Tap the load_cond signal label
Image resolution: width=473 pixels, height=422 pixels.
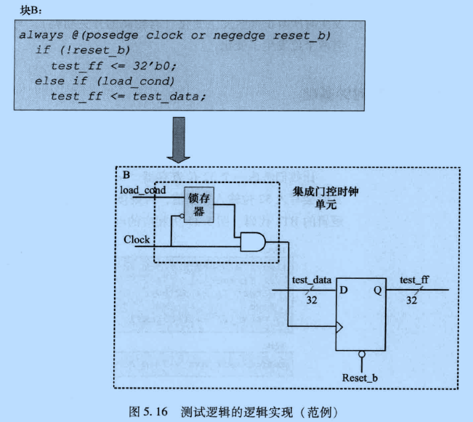pos(143,190)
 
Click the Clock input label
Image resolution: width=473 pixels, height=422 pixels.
pos(137,239)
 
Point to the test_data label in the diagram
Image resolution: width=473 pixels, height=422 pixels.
pos(312,280)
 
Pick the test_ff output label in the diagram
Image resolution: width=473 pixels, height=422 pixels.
pos(414,280)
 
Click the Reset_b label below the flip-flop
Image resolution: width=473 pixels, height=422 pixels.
pos(360,378)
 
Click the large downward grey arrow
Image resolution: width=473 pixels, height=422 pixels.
pos(178,137)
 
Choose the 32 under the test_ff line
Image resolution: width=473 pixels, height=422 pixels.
pos(411,300)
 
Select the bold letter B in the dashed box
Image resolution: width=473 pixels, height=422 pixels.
pos(126,175)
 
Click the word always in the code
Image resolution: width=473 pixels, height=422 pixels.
pos(42,35)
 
